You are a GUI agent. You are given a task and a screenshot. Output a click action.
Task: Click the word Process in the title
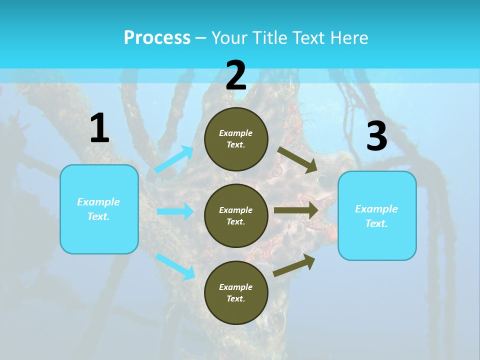[x=157, y=38]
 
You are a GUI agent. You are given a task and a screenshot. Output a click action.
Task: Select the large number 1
[x=99, y=128]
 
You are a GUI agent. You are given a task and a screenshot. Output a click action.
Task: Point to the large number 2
[x=236, y=75]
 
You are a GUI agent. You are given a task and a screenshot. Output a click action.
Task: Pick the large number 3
[x=376, y=136]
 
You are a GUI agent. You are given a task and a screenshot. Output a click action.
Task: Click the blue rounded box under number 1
[x=99, y=209]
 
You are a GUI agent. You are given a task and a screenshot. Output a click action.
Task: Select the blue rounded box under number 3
[x=377, y=216]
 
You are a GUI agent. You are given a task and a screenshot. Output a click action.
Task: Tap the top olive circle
[x=236, y=139]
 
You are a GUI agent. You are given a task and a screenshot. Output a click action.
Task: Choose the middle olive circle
[x=236, y=216]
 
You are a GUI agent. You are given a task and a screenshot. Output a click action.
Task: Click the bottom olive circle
[x=236, y=293]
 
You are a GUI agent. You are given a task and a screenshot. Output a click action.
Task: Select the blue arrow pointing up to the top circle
[x=174, y=159]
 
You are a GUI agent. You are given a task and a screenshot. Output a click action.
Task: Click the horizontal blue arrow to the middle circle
[x=175, y=211]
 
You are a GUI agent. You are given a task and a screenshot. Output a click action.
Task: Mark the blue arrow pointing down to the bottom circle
[x=175, y=266]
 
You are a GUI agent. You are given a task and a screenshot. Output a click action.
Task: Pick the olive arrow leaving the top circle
[x=297, y=160]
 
